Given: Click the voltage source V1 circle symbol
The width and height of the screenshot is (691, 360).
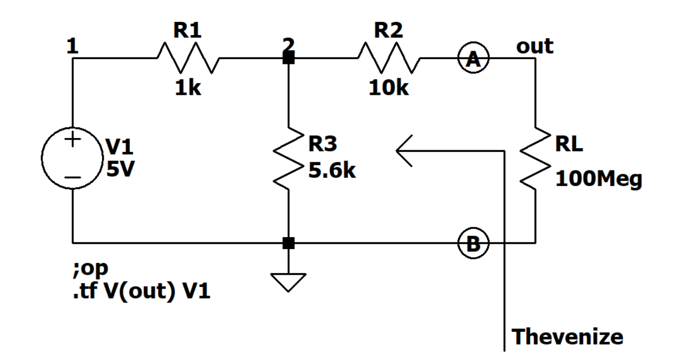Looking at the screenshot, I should (x=72, y=158).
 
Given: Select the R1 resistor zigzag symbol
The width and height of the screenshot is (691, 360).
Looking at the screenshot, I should (x=187, y=59).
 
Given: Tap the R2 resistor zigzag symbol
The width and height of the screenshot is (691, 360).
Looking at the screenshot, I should (x=390, y=59).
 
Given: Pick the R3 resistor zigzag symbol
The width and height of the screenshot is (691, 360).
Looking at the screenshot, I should (x=288, y=158).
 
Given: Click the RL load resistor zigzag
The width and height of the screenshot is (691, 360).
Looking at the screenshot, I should (x=534, y=158).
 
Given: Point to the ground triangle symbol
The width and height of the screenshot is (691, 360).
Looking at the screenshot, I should (x=288, y=282).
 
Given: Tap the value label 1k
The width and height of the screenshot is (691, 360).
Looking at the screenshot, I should (x=188, y=88).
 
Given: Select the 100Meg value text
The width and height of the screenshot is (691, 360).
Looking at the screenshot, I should (x=598, y=179).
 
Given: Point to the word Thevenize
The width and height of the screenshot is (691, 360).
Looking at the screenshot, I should (x=567, y=337).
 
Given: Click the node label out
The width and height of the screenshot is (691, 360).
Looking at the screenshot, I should (x=534, y=46).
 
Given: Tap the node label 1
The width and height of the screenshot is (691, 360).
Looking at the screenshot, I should (x=73, y=46).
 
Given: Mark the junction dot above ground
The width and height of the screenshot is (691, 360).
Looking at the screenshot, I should (x=288, y=243).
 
